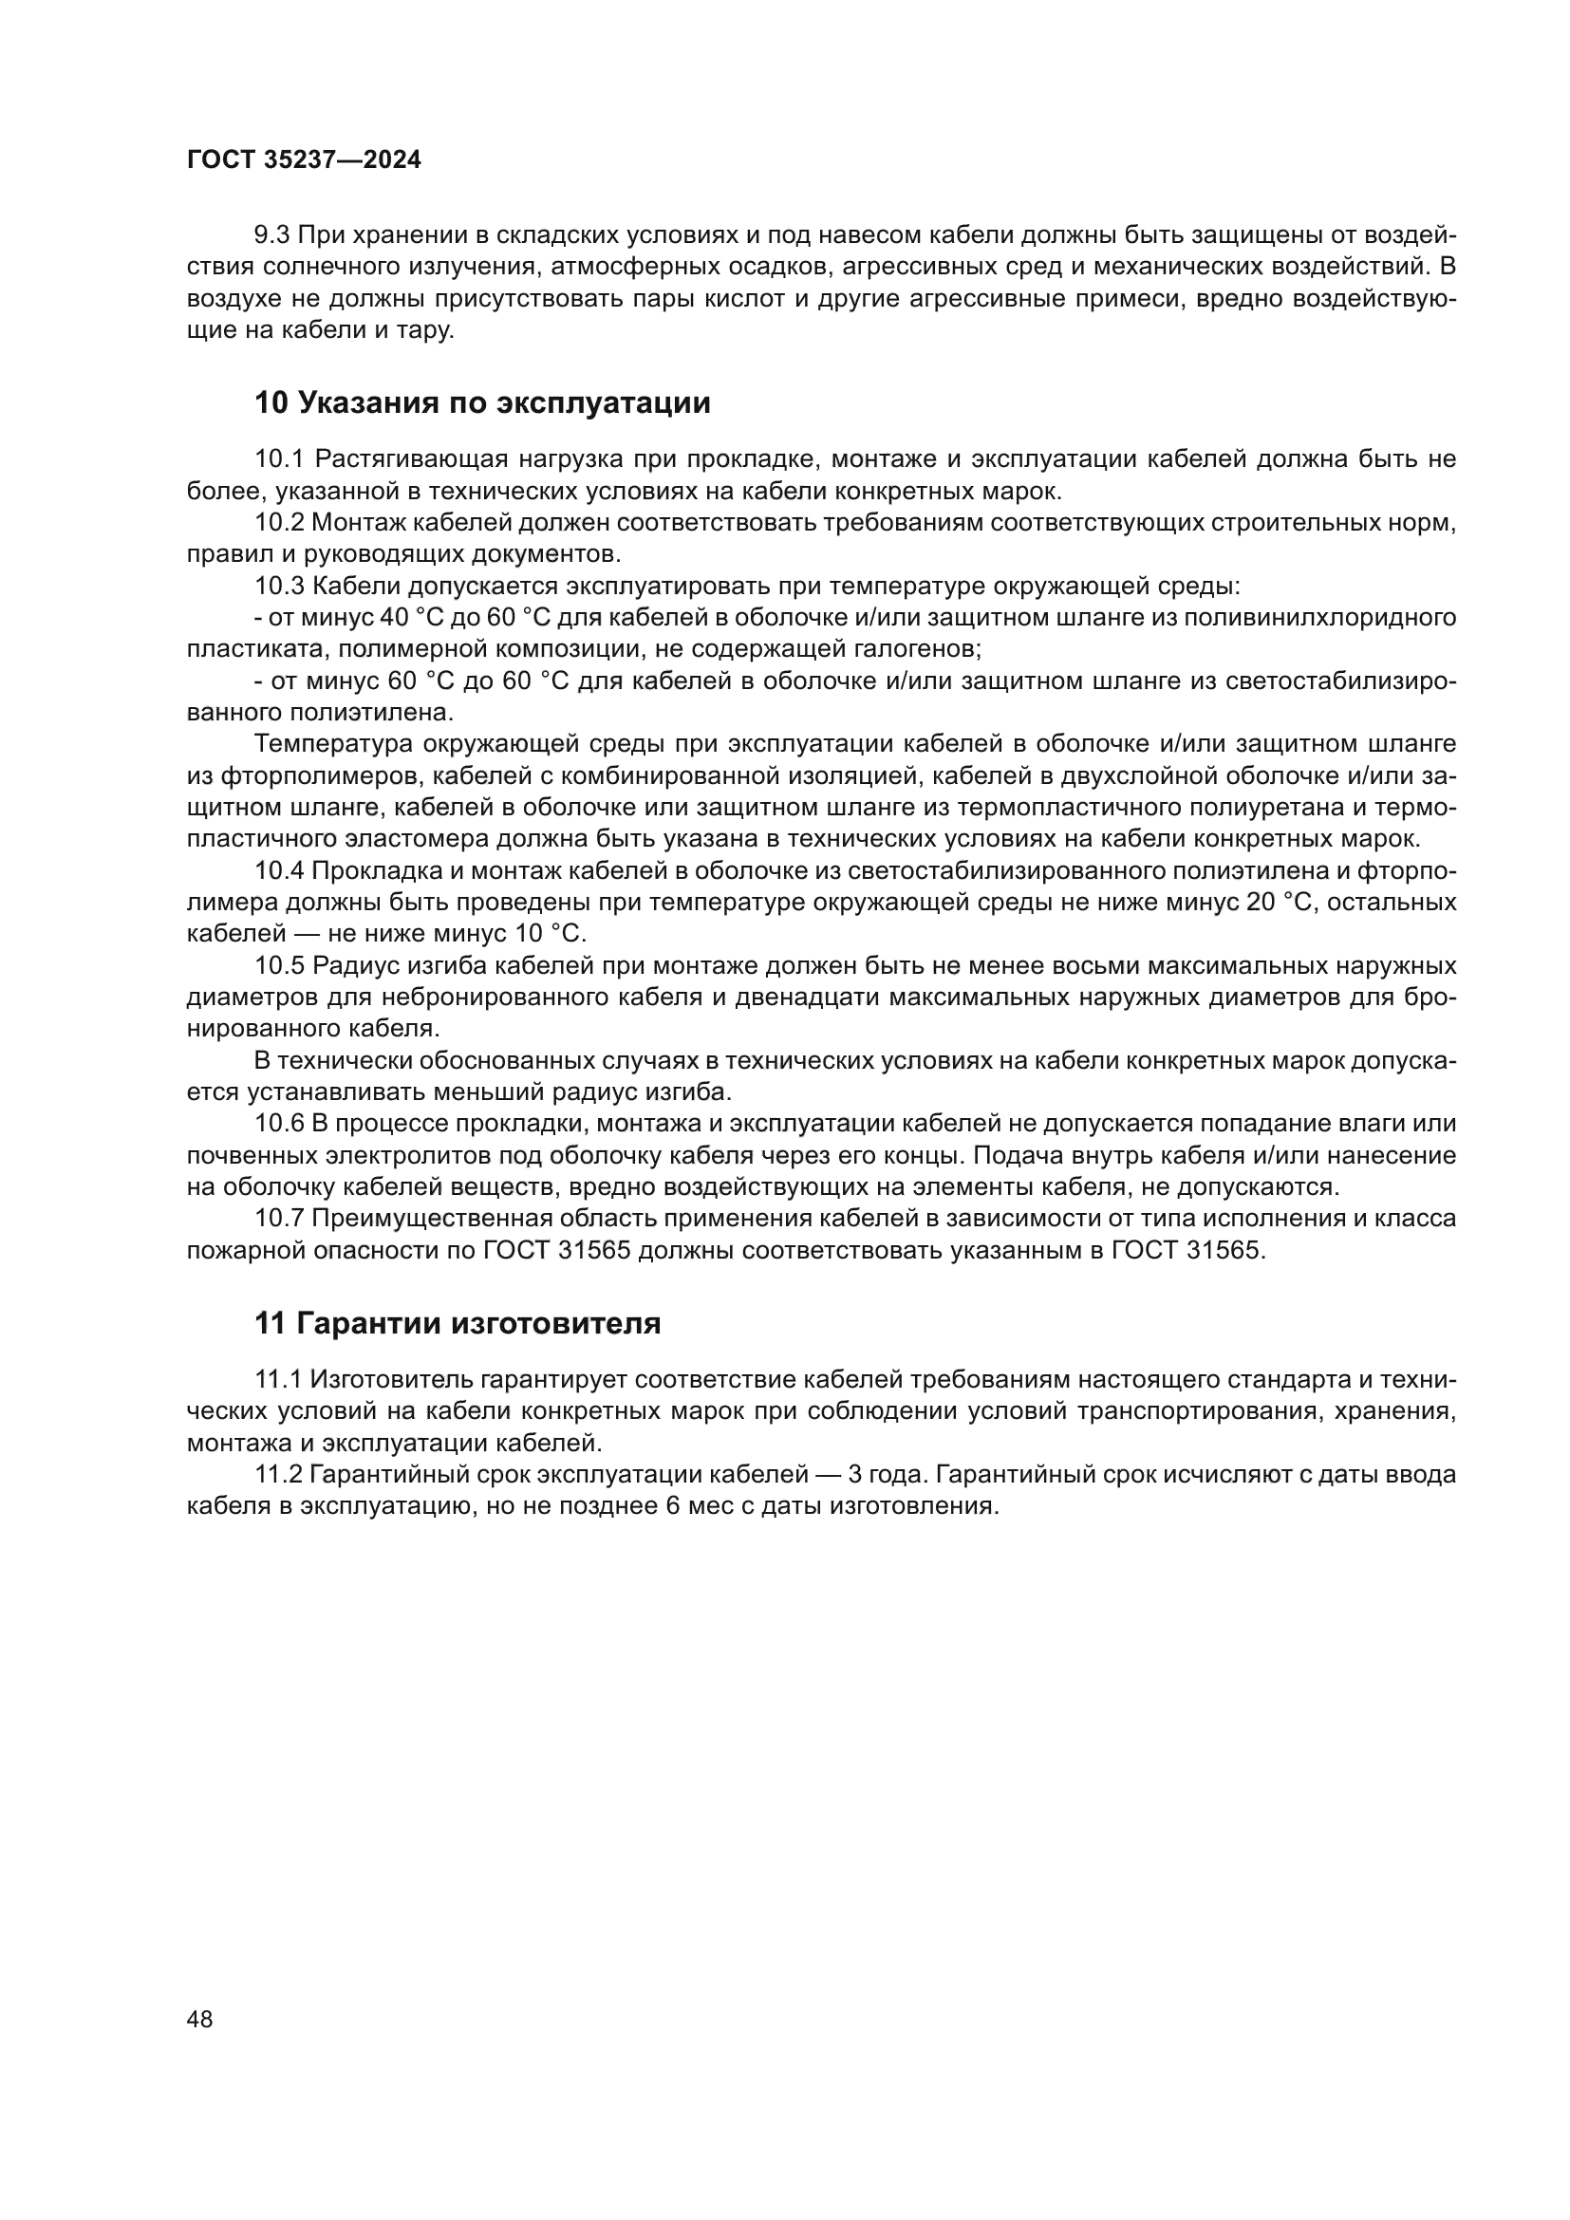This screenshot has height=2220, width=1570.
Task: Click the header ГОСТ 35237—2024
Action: (x=304, y=160)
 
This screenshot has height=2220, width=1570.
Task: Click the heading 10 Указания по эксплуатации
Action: (x=481, y=403)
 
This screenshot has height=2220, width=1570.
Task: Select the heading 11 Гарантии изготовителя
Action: (x=458, y=1324)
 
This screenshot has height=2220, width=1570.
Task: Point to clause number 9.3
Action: (x=271, y=235)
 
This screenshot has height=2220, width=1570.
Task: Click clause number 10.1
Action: (x=279, y=459)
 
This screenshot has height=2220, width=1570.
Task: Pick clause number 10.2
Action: (x=279, y=523)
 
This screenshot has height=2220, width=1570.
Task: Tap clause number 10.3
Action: (x=279, y=586)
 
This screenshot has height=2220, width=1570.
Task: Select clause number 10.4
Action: (x=279, y=871)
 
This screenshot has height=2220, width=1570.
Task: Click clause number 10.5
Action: (x=279, y=966)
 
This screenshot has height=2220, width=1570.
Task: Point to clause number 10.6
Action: (x=279, y=1124)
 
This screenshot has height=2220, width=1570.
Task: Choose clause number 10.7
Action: (x=279, y=1219)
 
